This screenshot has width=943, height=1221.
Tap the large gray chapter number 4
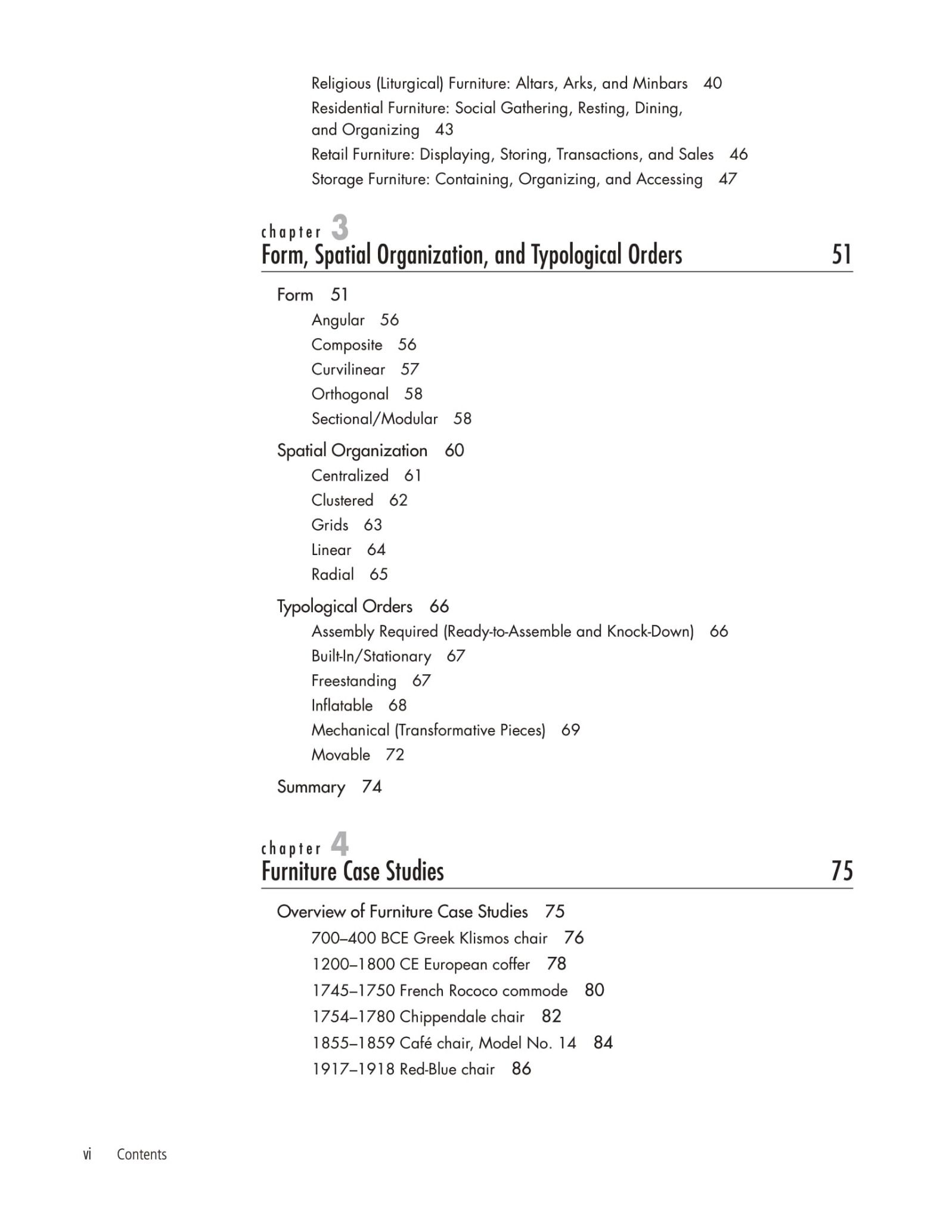click(x=340, y=844)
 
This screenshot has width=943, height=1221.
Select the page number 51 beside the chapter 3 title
click(x=842, y=255)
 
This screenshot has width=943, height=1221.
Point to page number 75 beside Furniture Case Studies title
click(x=842, y=871)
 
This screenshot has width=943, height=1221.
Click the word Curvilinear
click(x=348, y=370)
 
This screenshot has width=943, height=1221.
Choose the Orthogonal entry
click(x=350, y=394)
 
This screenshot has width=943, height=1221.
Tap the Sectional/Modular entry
click(x=374, y=419)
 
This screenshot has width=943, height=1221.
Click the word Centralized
click(x=350, y=476)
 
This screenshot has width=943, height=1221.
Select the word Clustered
click(x=342, y=500)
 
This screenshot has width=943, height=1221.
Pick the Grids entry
click(x=330, y=525)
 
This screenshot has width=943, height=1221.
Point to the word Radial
click(x=333, y=574)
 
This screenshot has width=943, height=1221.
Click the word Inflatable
click(x=342, y=705)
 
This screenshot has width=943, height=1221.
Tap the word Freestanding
click(x=353, y=681)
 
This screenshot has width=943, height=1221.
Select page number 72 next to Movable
click(x=395, y=755)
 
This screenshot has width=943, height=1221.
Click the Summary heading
click(x=311, y=787)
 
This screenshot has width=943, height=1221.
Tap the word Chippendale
click(x=462, y=1017)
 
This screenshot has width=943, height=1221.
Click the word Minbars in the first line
click(x=660, y=83)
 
